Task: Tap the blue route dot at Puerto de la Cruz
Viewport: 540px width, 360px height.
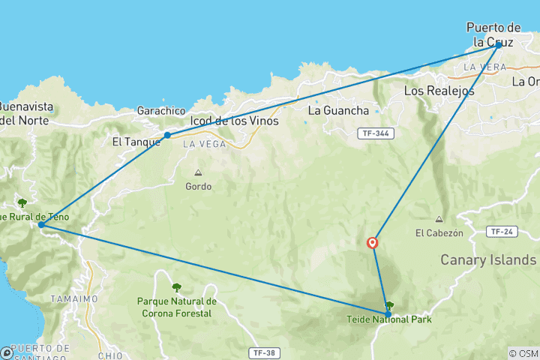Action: (x=498, y=45)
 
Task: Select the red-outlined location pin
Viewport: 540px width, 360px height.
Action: (x=372, y=242)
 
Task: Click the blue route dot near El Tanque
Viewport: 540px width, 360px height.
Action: (x=167, y=135)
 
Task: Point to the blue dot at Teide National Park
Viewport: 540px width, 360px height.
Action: (x=388, y=314)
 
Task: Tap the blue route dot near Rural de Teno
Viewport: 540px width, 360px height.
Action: (x=41, y=224)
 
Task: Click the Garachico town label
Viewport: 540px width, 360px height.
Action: (x=160, y=110)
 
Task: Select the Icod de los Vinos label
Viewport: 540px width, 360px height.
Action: (x=235, y=121)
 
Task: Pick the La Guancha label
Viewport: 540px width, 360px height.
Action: (x=338, y=111)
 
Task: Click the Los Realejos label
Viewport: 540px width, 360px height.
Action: (x=439, y=91)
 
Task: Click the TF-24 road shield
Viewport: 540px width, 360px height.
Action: (x=501, y=231)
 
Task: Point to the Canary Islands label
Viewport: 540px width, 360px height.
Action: (x=488, y=259)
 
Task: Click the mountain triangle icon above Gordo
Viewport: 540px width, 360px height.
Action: (x=198, y=172)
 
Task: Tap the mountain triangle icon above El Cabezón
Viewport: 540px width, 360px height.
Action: (x=439, y=219)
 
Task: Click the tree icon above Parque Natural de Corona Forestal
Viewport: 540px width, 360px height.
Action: (x=177, y=287)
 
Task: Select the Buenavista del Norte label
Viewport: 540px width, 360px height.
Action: (x=24, y=112)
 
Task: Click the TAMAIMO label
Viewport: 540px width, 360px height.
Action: (x=73, y=298)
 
